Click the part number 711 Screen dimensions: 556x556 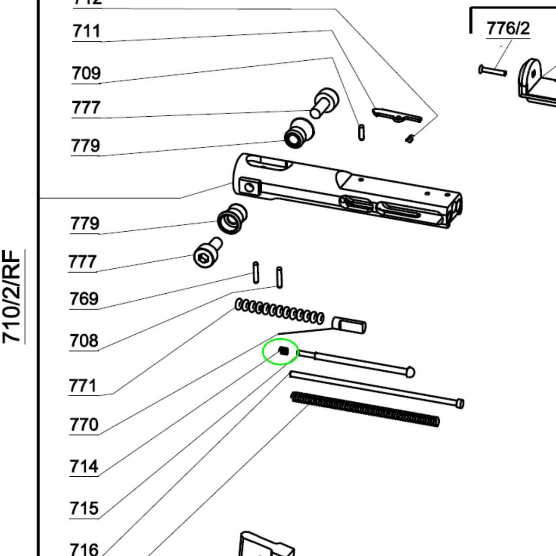click(x=86, y=32)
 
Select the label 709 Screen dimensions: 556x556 click(x=86, y=73)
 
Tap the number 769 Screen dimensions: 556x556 click(x=84, y=299)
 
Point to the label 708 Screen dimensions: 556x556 click(x=84, y=341)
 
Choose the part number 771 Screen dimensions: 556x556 click(x=83, y=385)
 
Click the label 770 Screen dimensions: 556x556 click(x=84, y=424)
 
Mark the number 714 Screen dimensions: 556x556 click(x=84, y=466)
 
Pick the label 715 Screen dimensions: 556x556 click(x=84, y=508)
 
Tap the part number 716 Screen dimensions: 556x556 click(x=84, y=550)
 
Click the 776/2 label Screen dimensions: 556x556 click(x=508, y=29)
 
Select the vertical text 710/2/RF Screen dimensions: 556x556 click(x=13, y=297)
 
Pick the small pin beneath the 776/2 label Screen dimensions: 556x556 click(x=492, y=71)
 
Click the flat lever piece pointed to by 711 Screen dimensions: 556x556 click(x=397, y=115)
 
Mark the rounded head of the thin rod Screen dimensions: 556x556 click(x=411, y=372)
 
